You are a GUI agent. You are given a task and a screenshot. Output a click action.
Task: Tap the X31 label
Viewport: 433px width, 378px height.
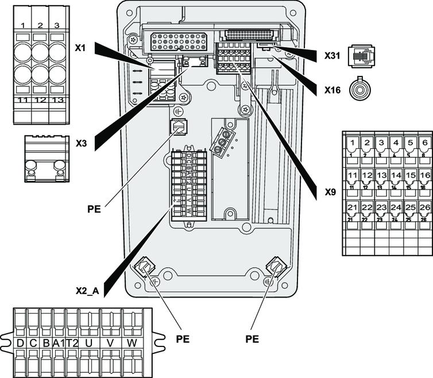[333, 56]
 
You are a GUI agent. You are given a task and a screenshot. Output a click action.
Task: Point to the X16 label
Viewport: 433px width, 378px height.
[333, 90]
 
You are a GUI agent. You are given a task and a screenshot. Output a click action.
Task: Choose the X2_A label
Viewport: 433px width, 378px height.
[87, 291]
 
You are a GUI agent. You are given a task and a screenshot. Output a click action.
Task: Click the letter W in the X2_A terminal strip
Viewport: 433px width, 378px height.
[132, 342]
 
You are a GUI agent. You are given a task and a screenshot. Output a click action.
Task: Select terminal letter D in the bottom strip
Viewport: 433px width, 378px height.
[20, 342]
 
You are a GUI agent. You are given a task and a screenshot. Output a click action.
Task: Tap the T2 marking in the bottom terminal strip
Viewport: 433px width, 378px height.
[72, 342]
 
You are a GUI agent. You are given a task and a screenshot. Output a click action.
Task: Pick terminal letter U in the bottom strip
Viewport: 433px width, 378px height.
[88, 342]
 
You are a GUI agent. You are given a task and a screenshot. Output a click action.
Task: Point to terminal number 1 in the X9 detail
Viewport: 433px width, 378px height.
[352, 142]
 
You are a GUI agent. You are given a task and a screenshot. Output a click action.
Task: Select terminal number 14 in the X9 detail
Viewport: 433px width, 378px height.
[395, 175]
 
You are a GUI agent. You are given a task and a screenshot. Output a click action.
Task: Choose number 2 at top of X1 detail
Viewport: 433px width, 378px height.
[40, 25]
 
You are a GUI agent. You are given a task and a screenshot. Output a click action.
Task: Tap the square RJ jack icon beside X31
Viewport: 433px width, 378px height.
[362, 56]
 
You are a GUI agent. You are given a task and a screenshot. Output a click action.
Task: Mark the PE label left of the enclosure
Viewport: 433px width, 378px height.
[94, 210]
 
